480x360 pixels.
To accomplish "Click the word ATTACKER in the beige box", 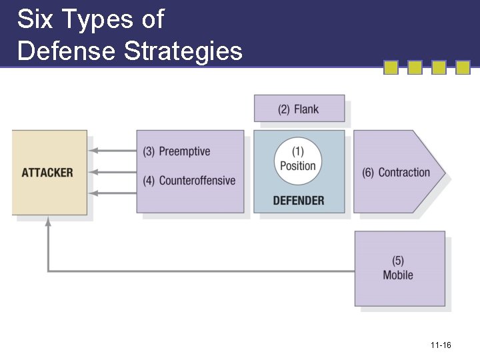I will (x=47, y=173).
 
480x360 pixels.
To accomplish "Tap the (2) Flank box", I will (x=299, y=109).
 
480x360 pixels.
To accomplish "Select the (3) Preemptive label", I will (x=177, y=151).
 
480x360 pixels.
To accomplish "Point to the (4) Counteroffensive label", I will (x=189, y=181).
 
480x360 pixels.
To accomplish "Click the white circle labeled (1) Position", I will (x=298, y=160).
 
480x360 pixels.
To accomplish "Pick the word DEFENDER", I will (x=299, y=200).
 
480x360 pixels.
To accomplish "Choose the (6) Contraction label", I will (x=396, y=173).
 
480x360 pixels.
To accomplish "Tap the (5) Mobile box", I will (x=399, y=268).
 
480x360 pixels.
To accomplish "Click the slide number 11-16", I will (x=441, y=345).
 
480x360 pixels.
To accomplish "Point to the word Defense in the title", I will (x=66, y=51).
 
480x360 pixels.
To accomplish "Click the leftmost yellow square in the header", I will (x=391, y=67).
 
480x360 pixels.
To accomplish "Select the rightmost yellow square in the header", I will (x=463, y=67).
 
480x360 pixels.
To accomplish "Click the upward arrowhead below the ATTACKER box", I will (x=48, y=222).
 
